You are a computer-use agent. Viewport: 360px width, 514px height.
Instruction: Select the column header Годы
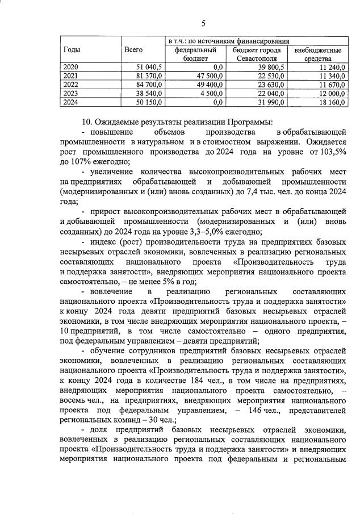[x=72, y=50]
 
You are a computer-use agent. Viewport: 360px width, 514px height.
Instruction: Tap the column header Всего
[x=133, y=50]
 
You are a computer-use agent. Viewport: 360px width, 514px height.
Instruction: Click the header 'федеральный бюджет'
[x=195, y=54]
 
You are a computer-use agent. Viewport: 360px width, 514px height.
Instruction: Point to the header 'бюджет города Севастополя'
[x=257, y=54]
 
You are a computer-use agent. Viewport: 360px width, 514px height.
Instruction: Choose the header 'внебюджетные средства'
[x=318, y=54]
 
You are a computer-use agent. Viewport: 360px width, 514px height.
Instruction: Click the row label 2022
[x=71, y=84]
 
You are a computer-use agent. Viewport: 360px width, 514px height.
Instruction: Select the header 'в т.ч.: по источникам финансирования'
[x=229, y=41]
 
